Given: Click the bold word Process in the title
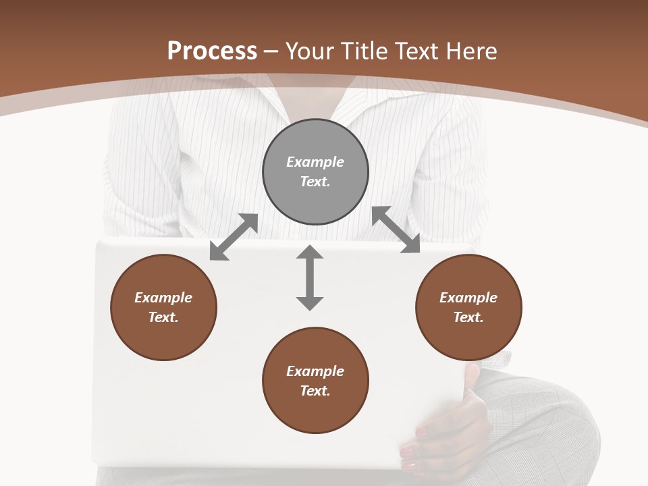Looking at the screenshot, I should point(212,51).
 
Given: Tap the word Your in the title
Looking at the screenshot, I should point(309,51).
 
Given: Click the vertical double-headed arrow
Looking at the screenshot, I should point(310,277).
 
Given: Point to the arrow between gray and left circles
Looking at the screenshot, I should point(234,237).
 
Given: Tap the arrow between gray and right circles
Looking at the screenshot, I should point(396,230).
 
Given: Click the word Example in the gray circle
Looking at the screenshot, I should point(315,162).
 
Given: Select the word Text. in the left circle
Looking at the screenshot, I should point(163,317).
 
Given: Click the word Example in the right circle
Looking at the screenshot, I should point(468,298).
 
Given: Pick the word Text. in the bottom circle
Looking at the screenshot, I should point(315,391).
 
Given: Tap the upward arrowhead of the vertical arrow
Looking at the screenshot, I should point(310,253).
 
